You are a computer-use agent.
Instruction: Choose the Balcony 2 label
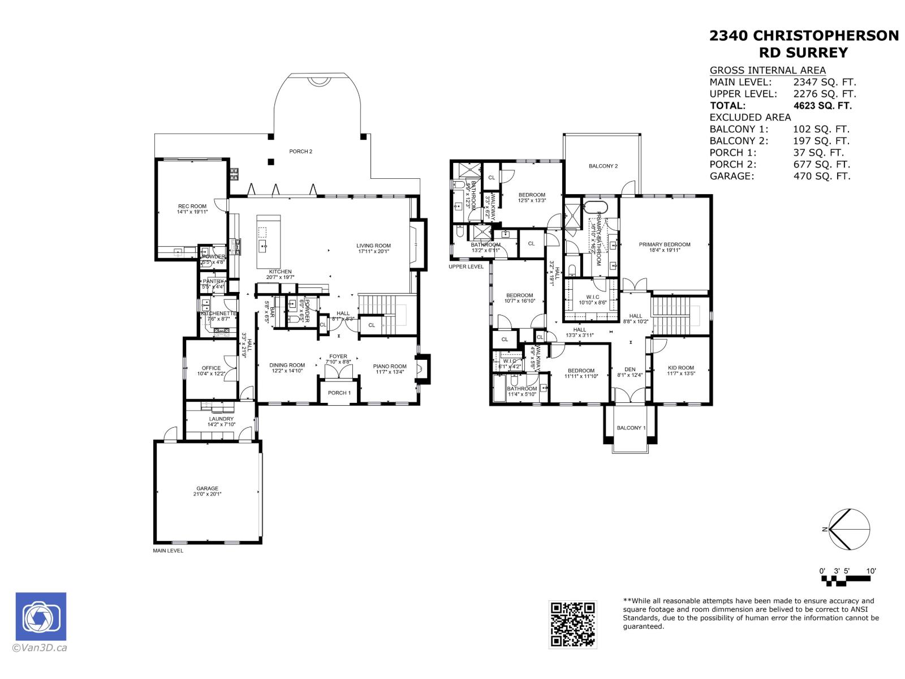click(603, 166)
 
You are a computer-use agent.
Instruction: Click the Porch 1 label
click(339, 393)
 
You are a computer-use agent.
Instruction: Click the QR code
click(572, 624)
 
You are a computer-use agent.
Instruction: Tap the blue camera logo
click(41, 616)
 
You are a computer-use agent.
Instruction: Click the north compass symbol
click(848, 530)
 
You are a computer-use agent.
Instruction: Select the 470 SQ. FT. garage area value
click(821, 176)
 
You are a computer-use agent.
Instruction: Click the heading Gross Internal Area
click(768, 70)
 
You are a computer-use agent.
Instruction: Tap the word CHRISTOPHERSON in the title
click(826, 36)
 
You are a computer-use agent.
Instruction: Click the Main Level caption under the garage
click(168, 551)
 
